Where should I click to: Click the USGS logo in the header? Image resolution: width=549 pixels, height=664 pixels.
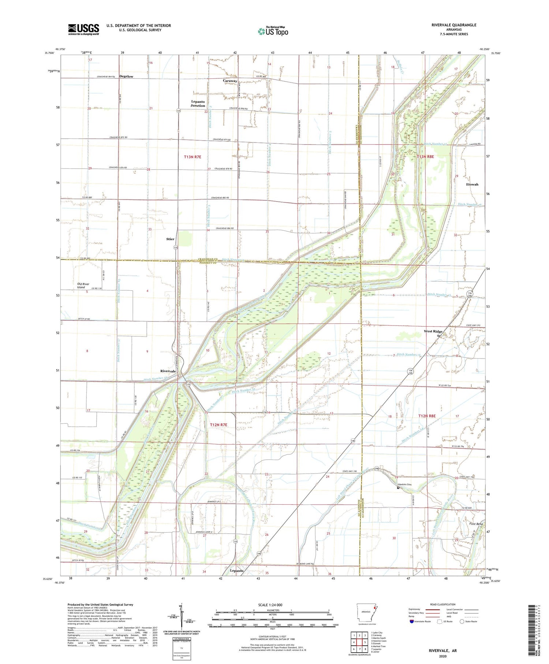83,29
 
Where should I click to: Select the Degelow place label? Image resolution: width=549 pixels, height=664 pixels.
126,77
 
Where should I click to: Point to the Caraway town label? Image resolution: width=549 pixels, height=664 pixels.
230,81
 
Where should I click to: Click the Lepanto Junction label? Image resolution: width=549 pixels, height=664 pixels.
198,104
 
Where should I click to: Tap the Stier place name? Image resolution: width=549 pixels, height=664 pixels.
170,239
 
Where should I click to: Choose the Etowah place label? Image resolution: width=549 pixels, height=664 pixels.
472,184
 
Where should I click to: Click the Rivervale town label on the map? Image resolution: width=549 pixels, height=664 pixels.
168,371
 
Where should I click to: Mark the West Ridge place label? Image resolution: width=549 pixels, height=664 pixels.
433,331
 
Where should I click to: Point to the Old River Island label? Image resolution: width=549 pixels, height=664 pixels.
83,286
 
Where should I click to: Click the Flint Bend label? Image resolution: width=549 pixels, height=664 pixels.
476,524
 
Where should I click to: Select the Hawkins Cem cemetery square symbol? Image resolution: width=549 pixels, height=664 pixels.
398,488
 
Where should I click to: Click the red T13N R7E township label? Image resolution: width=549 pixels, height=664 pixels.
193,157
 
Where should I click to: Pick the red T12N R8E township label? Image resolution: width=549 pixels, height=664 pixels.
427,416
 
